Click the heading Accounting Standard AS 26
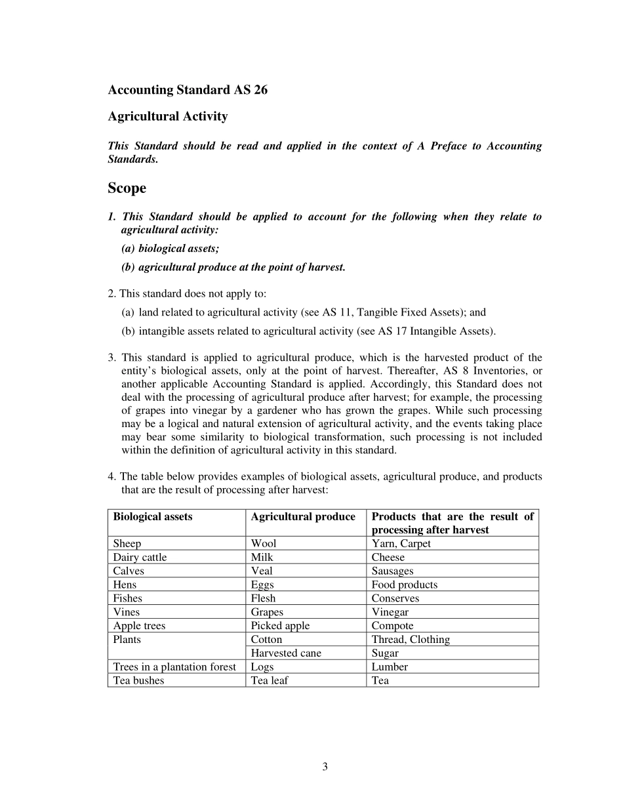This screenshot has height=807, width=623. (x=188, y=90)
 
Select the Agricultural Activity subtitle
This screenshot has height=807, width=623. (x=168, y=116)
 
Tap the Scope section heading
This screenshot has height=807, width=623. (x=127, y=188)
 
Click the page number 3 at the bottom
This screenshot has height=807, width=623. (x=325, y=766)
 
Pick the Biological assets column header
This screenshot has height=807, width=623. (x=153, y=516)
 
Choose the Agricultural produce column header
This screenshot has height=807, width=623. (x=303, y=516)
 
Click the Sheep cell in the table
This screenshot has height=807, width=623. (x=127, y=543)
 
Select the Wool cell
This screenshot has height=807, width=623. (x=264, y=543)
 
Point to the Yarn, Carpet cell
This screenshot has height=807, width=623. (x=401, y=543)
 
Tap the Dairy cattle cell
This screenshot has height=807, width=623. (x=140, y=557)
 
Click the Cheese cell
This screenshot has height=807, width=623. (x=388, y=557)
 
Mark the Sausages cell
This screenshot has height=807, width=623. (x=393, y=571)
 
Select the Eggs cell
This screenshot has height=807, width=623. (x=262, y=585)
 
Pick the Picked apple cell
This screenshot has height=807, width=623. (x=280, y=626)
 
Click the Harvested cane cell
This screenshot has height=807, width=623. (x=287, y=653)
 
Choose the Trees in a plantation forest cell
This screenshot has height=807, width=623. (x=174, y=667)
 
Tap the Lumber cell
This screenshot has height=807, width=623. (x=390, y=667)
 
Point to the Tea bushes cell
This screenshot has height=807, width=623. (x=139, y=680)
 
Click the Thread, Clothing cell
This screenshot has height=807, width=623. (x=411, y=640)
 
